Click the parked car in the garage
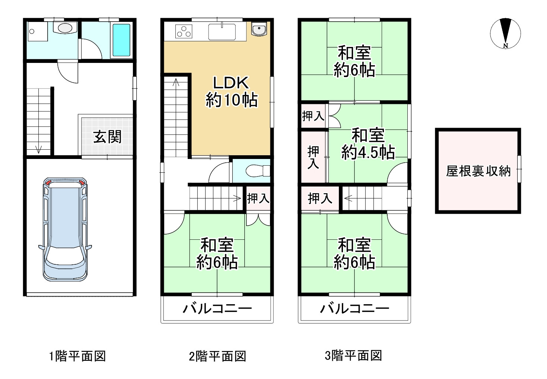[65, 229]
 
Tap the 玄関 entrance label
[107, 137]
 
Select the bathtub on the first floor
[121, 40]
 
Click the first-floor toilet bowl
[65, 28]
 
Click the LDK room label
[230, 83]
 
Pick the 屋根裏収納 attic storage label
[478, 171]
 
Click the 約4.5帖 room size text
[368, 152]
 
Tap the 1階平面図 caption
[77, 356]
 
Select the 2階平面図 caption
[217, 356]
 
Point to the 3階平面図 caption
[353, 356]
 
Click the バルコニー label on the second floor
[217, 309]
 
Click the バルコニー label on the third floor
[354, 309]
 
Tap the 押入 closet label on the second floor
[258, 198]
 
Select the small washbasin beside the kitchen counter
[258, 29]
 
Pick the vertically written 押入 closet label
[313, 157]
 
